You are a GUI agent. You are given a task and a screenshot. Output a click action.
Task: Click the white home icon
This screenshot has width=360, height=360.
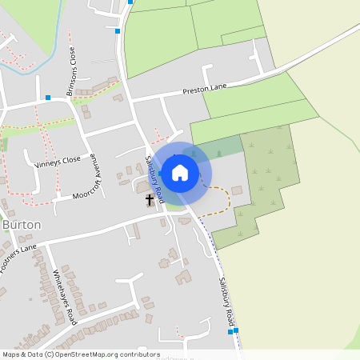point(180,172)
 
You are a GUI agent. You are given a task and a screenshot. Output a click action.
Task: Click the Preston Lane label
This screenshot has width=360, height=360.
point(206,91)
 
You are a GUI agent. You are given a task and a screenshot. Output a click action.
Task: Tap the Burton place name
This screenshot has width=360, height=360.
point(22,225)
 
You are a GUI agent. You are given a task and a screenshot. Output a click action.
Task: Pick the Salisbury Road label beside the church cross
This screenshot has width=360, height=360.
point(154,178)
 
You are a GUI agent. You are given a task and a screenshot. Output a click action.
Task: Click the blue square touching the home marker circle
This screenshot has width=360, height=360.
point(161,172)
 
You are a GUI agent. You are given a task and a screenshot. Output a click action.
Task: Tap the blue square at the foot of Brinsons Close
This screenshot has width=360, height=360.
point(48,98)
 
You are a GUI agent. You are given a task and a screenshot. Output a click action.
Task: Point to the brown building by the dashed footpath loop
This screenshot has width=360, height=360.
point(236,190)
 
